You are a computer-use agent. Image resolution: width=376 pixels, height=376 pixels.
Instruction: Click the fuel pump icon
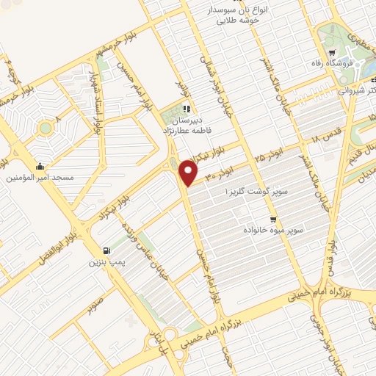pyautogui.click(x=109, y=250)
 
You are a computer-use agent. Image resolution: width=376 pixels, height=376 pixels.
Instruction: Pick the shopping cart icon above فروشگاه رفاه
pyautogui.click(x=332, y=53)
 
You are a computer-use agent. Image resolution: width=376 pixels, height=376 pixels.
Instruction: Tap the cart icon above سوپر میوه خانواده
pyautogui.click(x=273, y=219)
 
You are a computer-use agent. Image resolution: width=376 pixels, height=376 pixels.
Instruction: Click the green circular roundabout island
pyautogui.click(x=46, y=128)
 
